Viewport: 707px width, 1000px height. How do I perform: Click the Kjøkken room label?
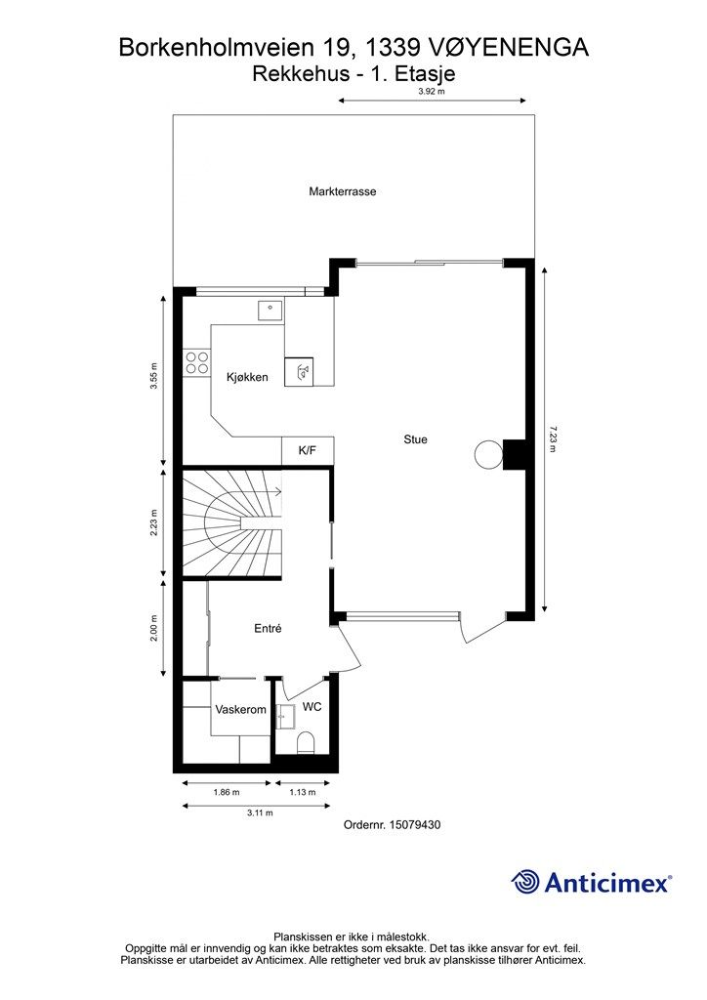click(247, 377)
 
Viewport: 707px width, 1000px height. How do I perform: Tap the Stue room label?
click(415, 439)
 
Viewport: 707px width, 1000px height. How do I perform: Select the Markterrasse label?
click(343, 191)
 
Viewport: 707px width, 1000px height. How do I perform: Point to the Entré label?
click(268, 628)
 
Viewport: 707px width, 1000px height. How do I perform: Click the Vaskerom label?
click(240, 709)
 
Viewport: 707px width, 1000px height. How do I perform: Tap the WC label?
click(312, 707)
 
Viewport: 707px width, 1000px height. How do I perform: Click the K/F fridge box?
click(308, 451)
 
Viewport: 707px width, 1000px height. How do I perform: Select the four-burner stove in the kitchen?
click(197, 363)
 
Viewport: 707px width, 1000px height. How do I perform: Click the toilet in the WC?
click(306, 743)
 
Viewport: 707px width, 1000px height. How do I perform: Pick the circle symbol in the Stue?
click(488, 454)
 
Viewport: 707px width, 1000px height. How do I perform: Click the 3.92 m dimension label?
click(431, 91)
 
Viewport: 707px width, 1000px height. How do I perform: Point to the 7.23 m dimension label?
click(552, 439)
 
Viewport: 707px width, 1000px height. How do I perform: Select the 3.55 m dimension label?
click(153, 376)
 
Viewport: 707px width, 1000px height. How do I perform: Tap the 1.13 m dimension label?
click(302, 792)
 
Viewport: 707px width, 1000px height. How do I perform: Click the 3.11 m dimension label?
click(260, 812)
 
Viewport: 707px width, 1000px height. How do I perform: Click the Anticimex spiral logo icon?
click(525, 882)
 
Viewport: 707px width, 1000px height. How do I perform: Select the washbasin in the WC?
click(285, 716)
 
